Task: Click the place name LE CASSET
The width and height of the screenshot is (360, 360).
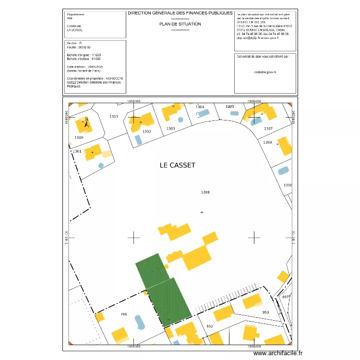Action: click(x=178, y=165)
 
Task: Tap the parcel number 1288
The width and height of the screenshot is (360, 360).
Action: click(x=205, y=192)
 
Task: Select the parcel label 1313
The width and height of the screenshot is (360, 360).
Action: click(x=114, y=117)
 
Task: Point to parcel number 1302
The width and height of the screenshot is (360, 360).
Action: click(x=147, y=131)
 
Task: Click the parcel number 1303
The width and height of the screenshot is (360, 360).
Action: click(x=170, y=129)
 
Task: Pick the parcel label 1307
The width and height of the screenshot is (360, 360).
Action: click(x=268, y=129)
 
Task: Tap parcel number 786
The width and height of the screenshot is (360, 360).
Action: click(x=124, y=314)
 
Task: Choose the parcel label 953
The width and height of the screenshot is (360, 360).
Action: click(x=265, y=312)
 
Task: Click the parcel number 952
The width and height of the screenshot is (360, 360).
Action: click(x=209, y=326)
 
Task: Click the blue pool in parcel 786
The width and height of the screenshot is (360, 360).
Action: click(x=139, y=322)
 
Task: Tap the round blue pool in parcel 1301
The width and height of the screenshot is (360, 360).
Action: click(x=101, y=166)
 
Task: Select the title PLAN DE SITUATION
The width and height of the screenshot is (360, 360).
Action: click(x=180, y=24)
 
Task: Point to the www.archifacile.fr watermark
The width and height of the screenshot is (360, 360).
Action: click(x=278, y=353)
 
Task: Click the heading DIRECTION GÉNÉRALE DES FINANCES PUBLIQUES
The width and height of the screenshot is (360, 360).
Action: click(x=180, y=13)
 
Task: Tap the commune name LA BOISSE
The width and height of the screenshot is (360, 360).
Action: click(x=75, y=30)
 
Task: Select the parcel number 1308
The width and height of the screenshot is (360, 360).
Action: click(x=267, y=142)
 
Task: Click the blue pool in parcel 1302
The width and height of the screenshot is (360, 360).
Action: click(x=138, y=140)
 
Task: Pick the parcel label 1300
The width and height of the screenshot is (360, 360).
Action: click(x=79, y=138)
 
